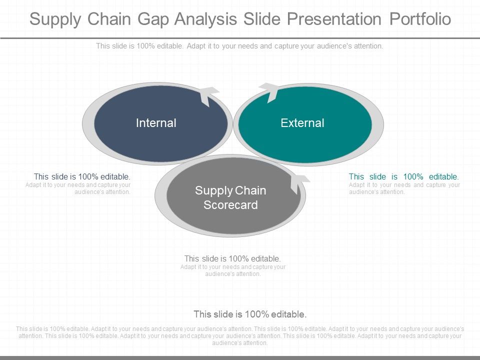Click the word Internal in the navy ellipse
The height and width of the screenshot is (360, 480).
156,123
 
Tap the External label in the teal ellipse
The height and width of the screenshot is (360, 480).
302,123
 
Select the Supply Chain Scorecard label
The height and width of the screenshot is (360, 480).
230,197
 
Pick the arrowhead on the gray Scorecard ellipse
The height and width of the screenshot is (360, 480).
300,182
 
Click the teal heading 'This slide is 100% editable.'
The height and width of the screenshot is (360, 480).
403,176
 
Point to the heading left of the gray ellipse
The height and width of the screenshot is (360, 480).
82,176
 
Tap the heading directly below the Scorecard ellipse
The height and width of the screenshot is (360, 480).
232,259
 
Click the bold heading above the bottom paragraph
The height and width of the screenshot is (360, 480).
250,314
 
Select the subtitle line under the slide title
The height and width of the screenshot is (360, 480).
240,46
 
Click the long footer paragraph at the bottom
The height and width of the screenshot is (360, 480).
240,336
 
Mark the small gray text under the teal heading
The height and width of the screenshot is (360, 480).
404,188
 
